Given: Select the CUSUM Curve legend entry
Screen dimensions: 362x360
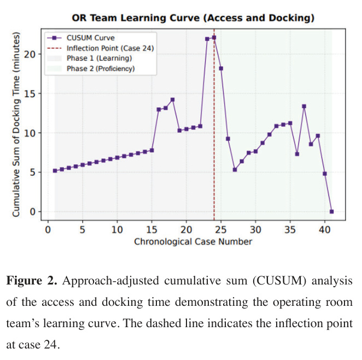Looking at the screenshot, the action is click(81, 38).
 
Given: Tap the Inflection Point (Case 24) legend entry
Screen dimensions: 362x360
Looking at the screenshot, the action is click(101, 48).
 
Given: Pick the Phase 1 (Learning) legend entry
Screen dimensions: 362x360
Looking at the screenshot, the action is click(89, 58).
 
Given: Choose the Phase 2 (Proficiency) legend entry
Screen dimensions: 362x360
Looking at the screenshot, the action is click(91, 68).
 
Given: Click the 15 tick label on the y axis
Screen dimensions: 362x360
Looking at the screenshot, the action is click(30, 94).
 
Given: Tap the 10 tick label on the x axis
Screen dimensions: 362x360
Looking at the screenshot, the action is click(117, 230).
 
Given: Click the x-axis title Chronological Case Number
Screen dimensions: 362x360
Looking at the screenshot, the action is click(193, 241).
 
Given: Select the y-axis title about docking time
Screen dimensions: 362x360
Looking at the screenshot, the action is click(16, 125).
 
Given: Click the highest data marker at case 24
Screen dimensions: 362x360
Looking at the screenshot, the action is click(214, 37).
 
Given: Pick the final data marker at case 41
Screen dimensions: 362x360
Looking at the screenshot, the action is click(331, 212).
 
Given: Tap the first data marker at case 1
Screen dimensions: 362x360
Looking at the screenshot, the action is click(55, 171).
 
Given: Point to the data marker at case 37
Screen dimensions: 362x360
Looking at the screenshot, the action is click(304, 106).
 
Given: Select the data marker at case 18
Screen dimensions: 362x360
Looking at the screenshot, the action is click(172, 100).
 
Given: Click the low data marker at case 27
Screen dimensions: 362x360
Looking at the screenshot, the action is click(235, 170).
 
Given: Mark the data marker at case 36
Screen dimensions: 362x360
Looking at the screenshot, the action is click(297, 154).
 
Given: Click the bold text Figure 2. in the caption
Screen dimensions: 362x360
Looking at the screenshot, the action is click(32, 281).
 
